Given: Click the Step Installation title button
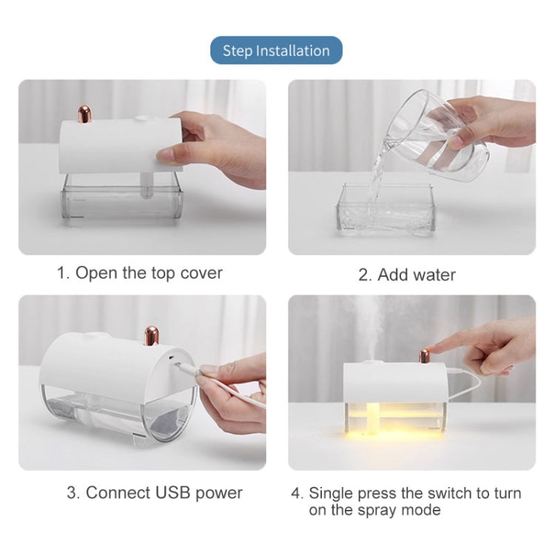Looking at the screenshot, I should pyautogui.click(x=276, y=50).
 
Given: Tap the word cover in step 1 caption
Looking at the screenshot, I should pyautogui.click(x=199, y=272).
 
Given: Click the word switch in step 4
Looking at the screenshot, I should pyautogui.click(x=451, y=493).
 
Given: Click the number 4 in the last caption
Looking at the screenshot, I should pyautogui.click(x=296, y=493).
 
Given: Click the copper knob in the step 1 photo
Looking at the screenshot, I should pyautogui.click(x=84, y=114).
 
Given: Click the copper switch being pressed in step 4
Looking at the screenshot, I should pyautogui.click(x=425, y=356).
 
